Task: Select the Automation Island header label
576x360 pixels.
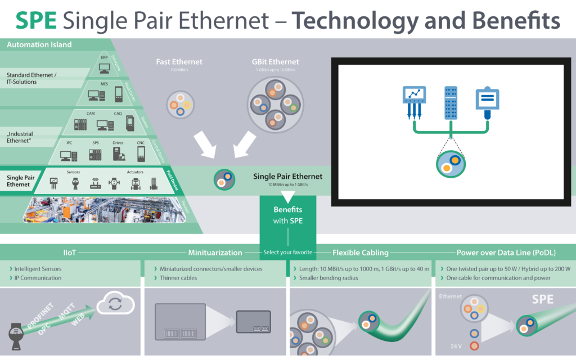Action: (x=39, y=44)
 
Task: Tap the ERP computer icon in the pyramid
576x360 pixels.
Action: (x=104, y=68)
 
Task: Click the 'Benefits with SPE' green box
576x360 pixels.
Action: (x=287, y=215)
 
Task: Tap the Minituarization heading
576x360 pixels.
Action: (x=215, y=253)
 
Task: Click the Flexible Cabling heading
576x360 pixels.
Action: (x=360, y=253)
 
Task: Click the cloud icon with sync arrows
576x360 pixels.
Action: (x=115, y=304)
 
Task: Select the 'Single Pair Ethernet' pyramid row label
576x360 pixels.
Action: (x=19, y=181)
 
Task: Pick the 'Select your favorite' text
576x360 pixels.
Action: (x=287, y=253)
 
